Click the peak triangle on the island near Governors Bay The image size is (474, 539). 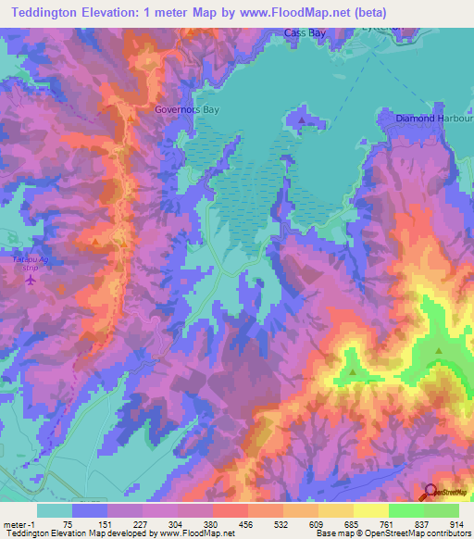(x=302, y=119)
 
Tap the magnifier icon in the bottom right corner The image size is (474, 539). (x=431, y=491)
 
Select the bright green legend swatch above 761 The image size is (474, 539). (x=405, y=510)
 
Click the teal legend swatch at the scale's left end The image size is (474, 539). (x=55, y=510)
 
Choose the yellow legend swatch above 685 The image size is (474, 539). (x=370, y=510)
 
